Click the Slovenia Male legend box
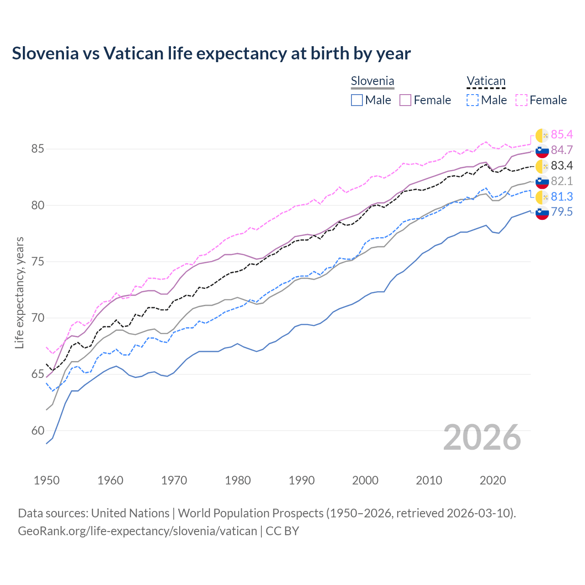coord(357,100)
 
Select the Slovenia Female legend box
coord(406,100)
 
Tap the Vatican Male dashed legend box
coord(473,100)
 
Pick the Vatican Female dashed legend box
coord(521,100)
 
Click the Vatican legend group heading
coord(486,81)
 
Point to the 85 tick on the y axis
coord(38,149)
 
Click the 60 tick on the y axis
coord(38,431)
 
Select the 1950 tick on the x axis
coord(47,480)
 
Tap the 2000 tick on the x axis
coord(365,480)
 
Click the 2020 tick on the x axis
coord(493,480)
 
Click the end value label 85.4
coord(562,134)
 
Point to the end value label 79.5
coord(562,212)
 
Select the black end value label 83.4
coord(562,165)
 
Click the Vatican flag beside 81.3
coord(542,197)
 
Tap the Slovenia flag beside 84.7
coord(542,150)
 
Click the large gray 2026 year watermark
coord(482,437)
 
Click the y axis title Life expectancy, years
coord(20,292)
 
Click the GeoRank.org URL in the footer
coord(137,531)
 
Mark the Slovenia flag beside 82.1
coord(542,181)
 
